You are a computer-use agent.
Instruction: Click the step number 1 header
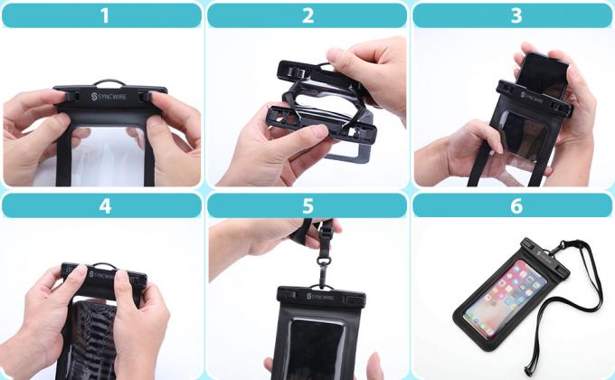tap(102, 15)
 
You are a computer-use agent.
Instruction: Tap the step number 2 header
tap(307, 15)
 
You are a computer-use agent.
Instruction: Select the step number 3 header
tap(514, 15)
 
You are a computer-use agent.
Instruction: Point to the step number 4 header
tap(102, 205)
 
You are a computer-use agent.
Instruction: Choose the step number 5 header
tap(307, 205)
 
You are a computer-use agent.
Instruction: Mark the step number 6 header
tap(514, 205)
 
